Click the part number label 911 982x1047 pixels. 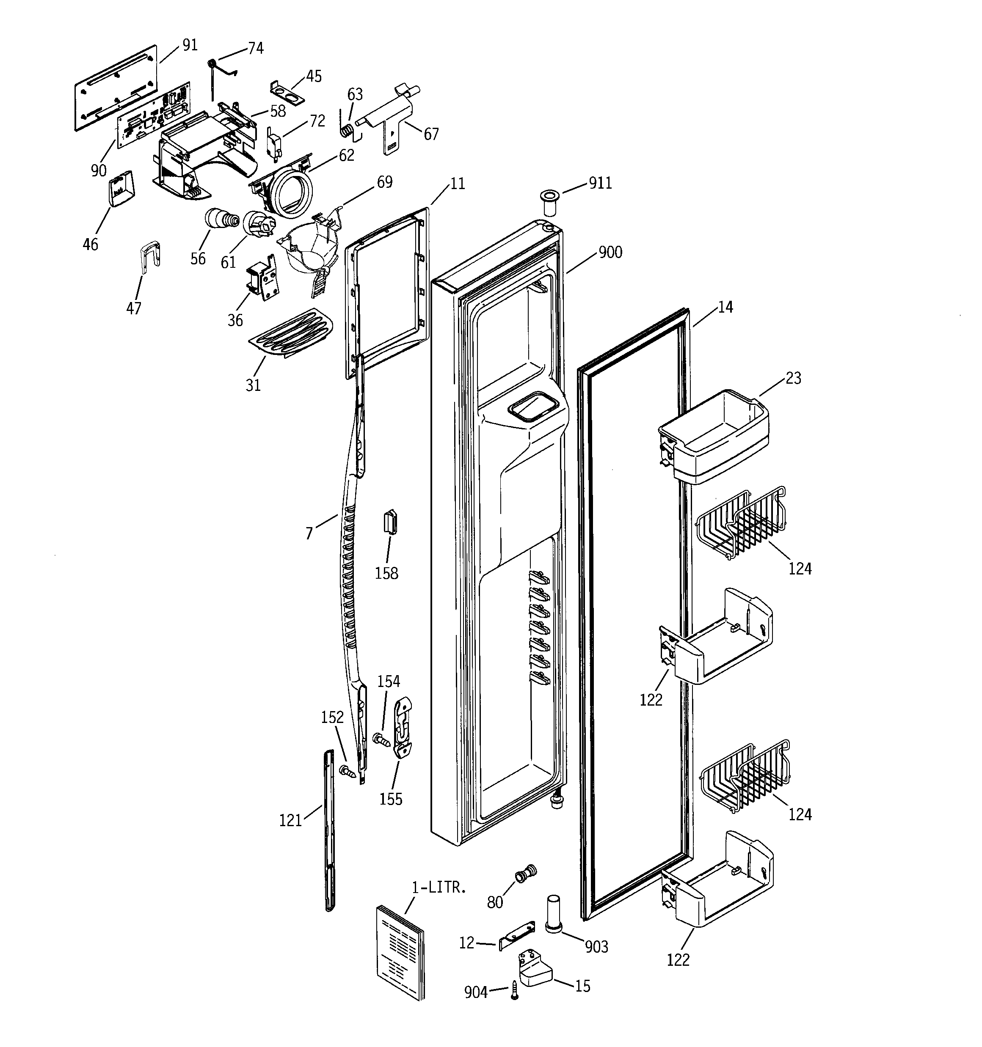[600, 183]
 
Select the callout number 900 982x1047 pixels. [610, 252]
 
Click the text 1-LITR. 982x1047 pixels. [439, 888]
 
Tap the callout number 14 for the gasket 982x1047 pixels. [725, 307]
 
